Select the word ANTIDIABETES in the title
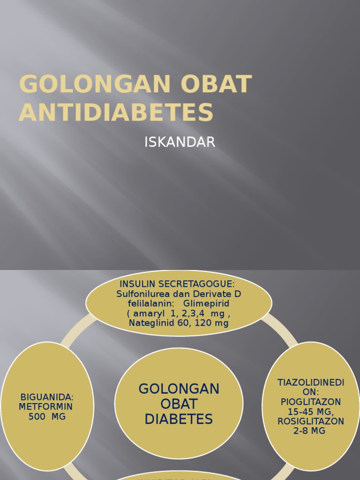pyautogui.click(x=116, y=112)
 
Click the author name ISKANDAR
pyautogui.click(x=180, y=142)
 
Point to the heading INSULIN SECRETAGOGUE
pyautogui.click(x=177, y=284)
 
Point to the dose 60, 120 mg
pyautogui.click(x=203, y=323)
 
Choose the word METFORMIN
pyautogui.click(x=46, y=407)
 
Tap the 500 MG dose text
pyautogui.click(x=47, y=416)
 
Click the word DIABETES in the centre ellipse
pyautogui.click(x=179, y=419)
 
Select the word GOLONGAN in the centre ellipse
pyautogui.click(x=179, y=389)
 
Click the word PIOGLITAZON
pyautogui.click(x=311, y=402)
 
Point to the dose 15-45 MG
pyautogui.click(x=310, y=412)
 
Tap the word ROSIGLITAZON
pyautogui.click(x=311, y=421)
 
